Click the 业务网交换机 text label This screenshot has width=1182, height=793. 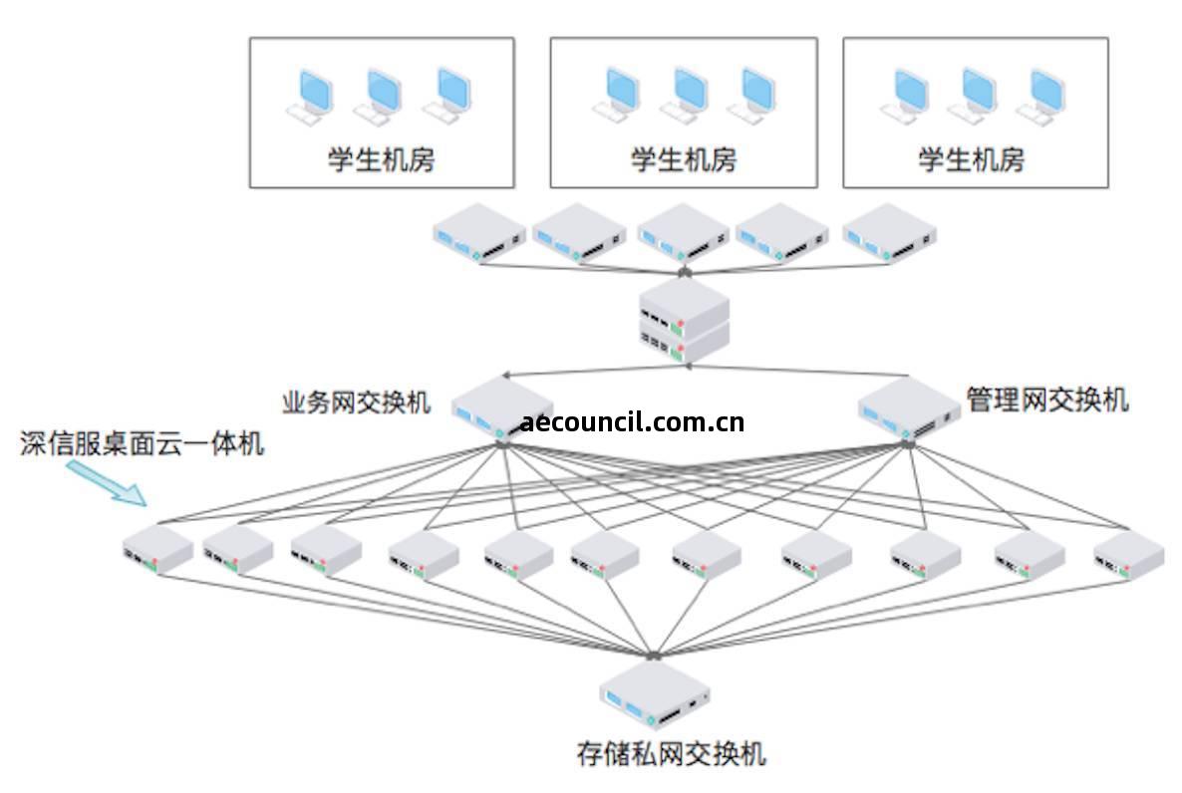pos(357,402)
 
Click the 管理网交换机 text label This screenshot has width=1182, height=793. pos(1046,399)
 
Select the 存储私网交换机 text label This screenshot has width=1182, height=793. pos(671,753)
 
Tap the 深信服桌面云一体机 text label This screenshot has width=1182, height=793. pos(143,443)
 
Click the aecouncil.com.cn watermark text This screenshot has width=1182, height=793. pos(632,422)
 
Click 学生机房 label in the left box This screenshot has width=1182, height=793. pos(381,159)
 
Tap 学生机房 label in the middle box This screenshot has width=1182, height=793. pos(683,159)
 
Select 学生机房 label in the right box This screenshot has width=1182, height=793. pos(971,159)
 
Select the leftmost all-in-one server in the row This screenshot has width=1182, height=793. pos(156,551)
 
